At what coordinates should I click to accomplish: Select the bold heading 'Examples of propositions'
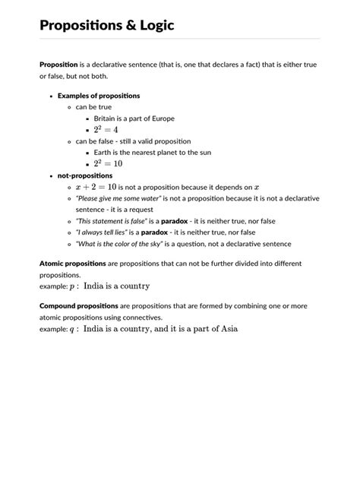[x=99, y=96]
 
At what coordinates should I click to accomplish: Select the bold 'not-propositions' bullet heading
[x=85, y=175]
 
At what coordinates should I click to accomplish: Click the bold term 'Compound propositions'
[x=78, y=306]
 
